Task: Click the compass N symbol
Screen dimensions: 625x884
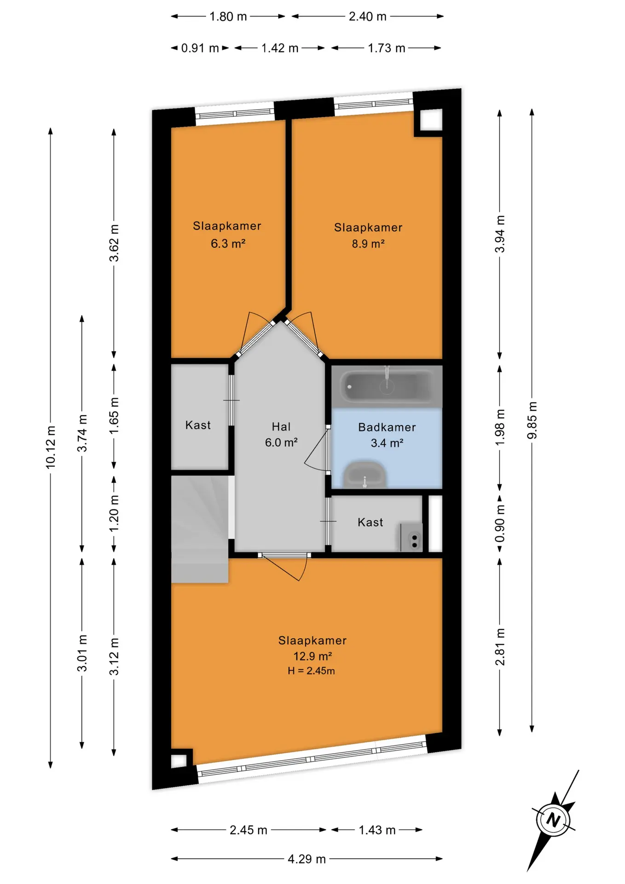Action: (x=553, y=820)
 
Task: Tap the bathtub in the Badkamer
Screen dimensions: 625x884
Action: (x=387, y=386)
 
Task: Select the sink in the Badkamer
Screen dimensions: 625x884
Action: (x=365, y=474)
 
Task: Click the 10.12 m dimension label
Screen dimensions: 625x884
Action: (x=50, y=448)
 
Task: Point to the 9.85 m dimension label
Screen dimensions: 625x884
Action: (x=532, y=420)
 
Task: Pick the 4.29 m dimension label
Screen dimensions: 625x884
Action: (x=307, y=859)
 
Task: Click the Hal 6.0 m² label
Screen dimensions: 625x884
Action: (x=281, y=435)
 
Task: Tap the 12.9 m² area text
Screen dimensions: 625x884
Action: (x=312, y=656)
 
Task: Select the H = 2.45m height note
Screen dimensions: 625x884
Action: (x=311, y=671)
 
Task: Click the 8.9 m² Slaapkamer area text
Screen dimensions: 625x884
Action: (x=368, y=244)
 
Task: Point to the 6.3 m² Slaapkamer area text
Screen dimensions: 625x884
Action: (x=228, y=243)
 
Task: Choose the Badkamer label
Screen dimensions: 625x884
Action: (x=387, y=427)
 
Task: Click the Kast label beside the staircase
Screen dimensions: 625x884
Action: (x=198, y=425)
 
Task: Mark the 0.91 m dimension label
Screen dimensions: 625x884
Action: (x=200, y=48)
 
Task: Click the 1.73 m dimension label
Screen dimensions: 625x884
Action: (x=386, y=48)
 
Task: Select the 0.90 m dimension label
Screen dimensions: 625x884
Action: (x=499, y=524)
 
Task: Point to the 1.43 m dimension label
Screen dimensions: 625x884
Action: (x=377, y=830)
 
